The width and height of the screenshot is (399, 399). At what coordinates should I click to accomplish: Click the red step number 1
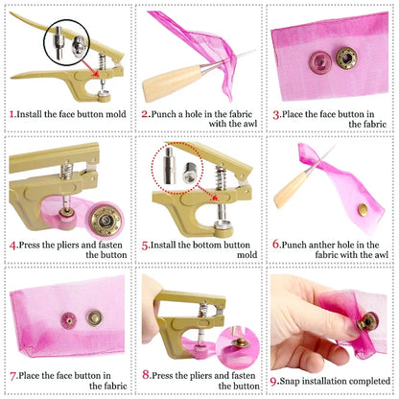point(12,113)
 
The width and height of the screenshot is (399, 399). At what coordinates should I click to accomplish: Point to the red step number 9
point(274,378)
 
